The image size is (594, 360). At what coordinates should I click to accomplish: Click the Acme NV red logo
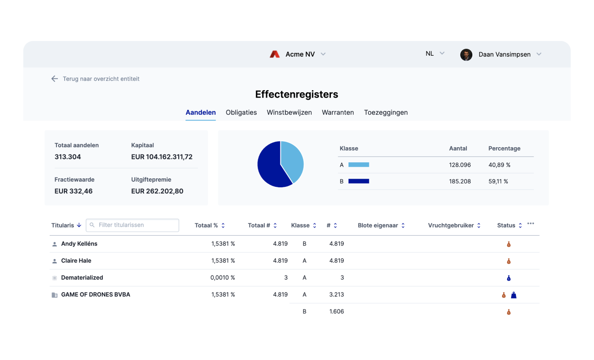click(x=275, y=54)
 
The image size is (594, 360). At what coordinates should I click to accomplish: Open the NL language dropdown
click(x=435, y=54)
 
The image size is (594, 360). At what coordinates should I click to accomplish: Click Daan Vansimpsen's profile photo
click(x=466, y=54)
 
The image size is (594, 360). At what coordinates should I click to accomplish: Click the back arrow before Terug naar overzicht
click(x=54, y=79)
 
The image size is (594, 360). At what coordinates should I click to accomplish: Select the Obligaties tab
click(x=241, y=112)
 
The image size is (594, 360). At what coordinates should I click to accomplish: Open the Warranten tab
click(x=338, y=112)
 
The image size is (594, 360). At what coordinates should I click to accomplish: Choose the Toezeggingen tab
click(x=386, y=112)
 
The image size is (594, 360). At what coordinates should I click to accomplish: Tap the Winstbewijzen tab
click(x=289, y=112)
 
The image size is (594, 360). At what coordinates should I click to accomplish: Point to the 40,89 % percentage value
click(x=500, y=165)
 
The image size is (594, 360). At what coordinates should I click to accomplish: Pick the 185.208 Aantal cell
click(x=460, y=181)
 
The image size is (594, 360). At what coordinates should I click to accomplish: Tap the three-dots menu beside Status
click(x=531, y=224)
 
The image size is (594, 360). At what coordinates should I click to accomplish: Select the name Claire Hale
click(x=76, y=261)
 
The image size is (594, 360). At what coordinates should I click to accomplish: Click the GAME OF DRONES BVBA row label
click(x=95, y=294)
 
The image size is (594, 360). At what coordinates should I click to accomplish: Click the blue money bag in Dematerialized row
click(x=509, y=278)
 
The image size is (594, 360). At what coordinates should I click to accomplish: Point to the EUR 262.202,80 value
click(x=157, y=191)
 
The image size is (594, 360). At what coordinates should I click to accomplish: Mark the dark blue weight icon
click(x=513, y=295)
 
